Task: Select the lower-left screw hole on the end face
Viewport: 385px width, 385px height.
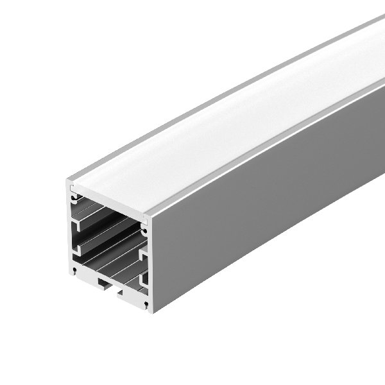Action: pos(75,270)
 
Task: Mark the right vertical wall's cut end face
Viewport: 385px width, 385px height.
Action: pos(150,263)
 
